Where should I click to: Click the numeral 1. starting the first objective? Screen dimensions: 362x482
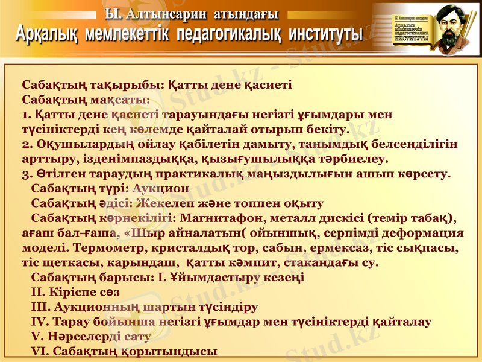(x=26, y=114)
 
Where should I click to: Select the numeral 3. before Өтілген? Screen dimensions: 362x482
(x=27, y=174)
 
